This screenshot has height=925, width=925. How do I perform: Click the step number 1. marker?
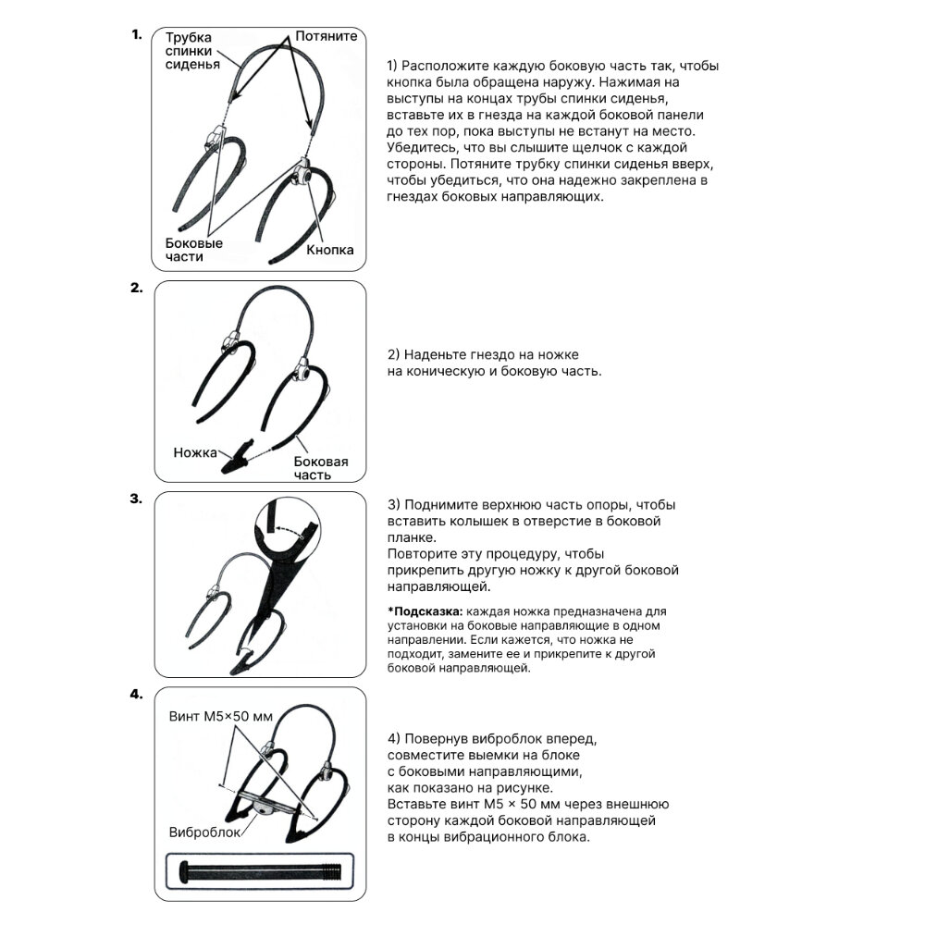136,35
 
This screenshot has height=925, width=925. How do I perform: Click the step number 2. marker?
136,288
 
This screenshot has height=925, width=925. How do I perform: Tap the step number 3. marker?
136,499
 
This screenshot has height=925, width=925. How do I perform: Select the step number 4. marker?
136,694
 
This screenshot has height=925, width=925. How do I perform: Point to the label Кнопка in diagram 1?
330,250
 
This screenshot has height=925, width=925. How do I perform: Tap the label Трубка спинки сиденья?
192,51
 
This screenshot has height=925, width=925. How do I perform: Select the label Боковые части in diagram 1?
194,250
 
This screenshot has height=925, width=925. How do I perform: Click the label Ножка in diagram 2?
195,452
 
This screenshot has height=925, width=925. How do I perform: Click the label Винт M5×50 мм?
221,717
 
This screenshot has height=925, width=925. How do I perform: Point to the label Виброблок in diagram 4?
204,832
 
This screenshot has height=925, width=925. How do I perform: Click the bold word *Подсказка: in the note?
425,612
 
